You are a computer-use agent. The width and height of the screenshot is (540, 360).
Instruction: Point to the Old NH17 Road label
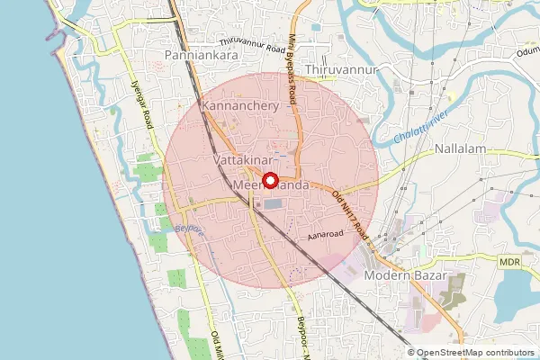(x=352, y=212)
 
